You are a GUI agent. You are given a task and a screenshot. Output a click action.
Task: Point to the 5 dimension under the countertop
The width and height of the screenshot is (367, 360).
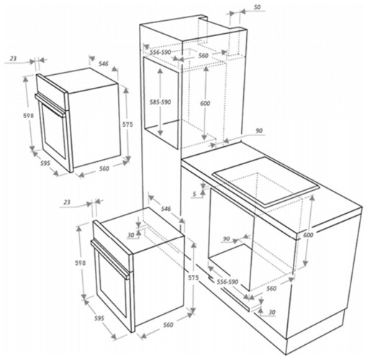[195, 192]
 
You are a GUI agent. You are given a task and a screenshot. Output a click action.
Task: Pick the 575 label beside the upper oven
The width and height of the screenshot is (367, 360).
[127, 125]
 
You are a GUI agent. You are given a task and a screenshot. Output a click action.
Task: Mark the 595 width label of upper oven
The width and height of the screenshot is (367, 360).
[44, 163]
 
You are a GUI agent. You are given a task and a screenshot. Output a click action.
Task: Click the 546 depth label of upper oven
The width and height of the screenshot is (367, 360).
[104, 64]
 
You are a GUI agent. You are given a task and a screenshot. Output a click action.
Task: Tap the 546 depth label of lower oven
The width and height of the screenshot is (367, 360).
[166, 208]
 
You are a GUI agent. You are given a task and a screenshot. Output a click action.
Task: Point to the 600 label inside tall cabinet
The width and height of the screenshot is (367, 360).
[204, 104]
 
